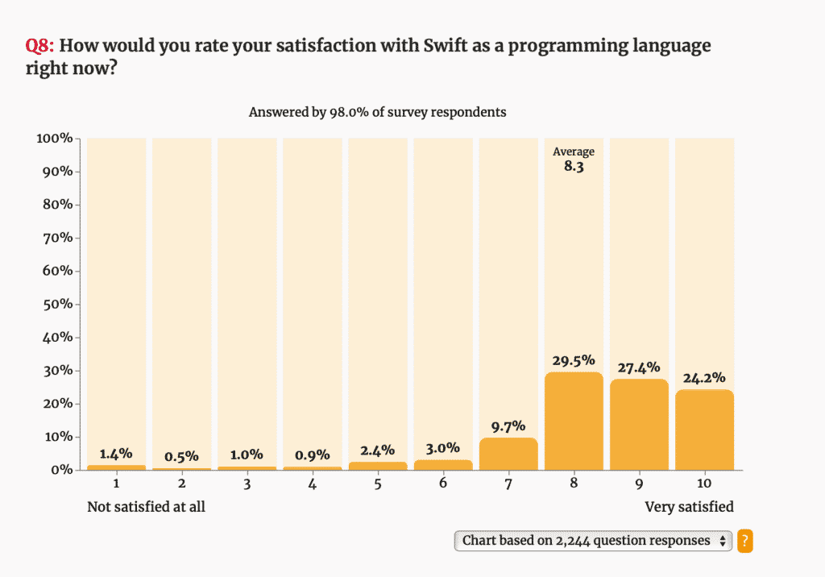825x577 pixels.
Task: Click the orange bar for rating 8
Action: coord(574,421)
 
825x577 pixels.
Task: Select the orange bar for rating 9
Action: coord(639,425)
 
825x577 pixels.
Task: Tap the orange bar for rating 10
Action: coord(704,430)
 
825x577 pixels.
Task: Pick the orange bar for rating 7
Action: coord(508,454)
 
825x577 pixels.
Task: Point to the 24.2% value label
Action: coord(704,377)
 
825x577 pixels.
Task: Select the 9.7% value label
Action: coord(508,425)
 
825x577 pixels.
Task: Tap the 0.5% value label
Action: coord(181,456)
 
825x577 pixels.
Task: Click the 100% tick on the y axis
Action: coord(55,139)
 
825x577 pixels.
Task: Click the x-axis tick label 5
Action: coord(378,484)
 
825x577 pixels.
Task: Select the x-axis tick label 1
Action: coord(116,484)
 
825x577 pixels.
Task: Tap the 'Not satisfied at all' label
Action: coord(146,507)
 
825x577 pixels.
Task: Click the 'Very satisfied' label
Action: coord(689,507)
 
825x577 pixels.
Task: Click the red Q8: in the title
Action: coord(40,45)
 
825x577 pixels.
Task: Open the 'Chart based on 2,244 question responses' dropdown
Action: coord(593,541)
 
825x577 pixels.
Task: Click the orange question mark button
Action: coord(745,541)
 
